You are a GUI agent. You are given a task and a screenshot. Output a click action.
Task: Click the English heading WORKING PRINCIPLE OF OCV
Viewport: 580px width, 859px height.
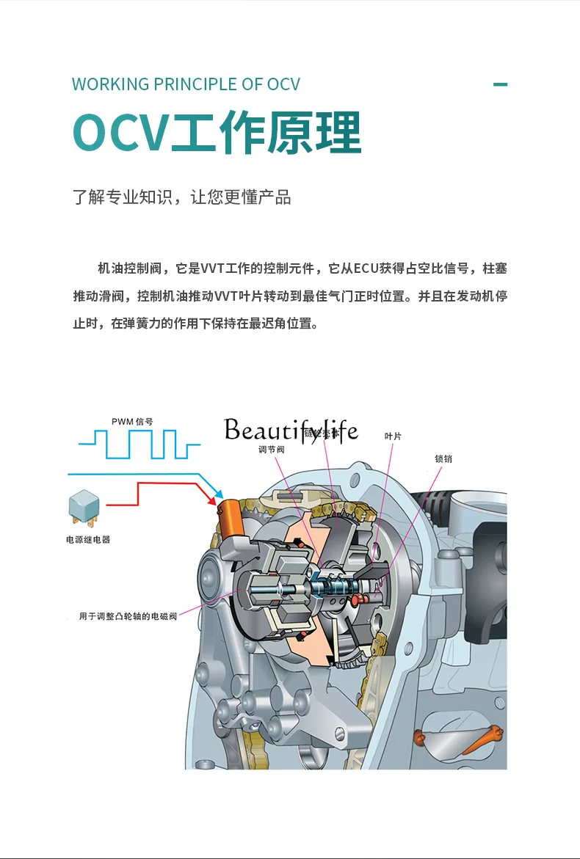coord(186,84)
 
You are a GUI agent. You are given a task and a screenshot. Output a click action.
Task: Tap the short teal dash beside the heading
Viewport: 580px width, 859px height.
coord(500,84)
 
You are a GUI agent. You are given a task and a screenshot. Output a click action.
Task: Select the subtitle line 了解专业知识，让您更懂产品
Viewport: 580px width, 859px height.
coord(181,197)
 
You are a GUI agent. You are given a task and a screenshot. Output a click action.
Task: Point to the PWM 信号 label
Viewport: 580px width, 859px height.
coord(132,422)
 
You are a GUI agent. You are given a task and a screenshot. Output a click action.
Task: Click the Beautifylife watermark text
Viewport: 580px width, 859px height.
coord(291,431)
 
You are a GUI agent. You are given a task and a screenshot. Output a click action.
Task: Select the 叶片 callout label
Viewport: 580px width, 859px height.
coord(393,436)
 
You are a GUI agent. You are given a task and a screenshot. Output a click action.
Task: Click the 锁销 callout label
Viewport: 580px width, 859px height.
coord(443,458)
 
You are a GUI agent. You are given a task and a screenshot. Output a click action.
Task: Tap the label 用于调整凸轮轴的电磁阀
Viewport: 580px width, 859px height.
coord(128,616)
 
